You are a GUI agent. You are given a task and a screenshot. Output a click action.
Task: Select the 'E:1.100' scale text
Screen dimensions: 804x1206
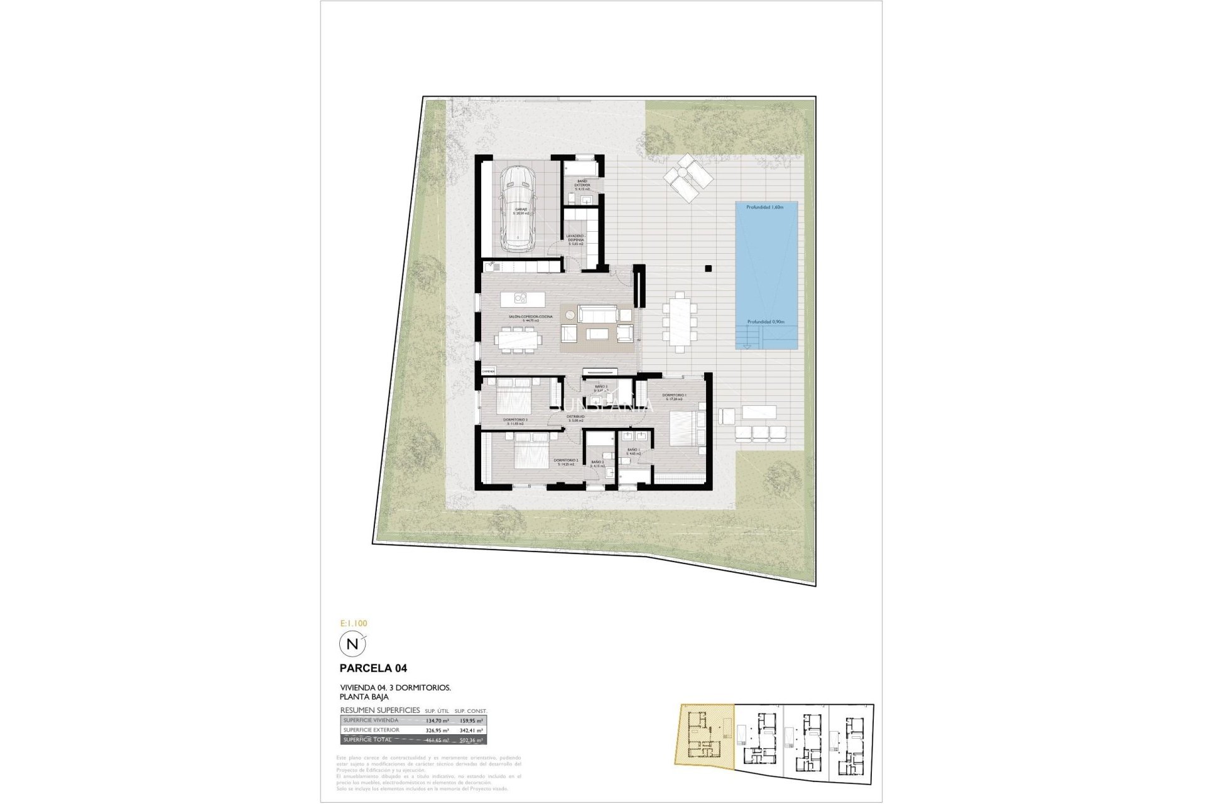(353, 624)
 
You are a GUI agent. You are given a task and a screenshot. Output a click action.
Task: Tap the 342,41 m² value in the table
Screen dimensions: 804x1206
(471, 731)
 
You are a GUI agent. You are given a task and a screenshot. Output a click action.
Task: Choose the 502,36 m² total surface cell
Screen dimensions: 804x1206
(471, 741)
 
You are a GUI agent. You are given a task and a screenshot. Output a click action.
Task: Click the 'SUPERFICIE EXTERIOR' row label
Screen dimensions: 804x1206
(371, 731)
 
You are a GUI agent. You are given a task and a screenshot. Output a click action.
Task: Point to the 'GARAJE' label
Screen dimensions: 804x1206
(521, 210)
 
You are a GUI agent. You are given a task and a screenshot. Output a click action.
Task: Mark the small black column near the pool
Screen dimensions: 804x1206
(708, 268)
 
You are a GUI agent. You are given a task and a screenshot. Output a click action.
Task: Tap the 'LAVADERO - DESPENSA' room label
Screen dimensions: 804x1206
(575, 238)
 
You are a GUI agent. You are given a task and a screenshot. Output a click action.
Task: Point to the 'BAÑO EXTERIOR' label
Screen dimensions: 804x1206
(582, 184)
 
